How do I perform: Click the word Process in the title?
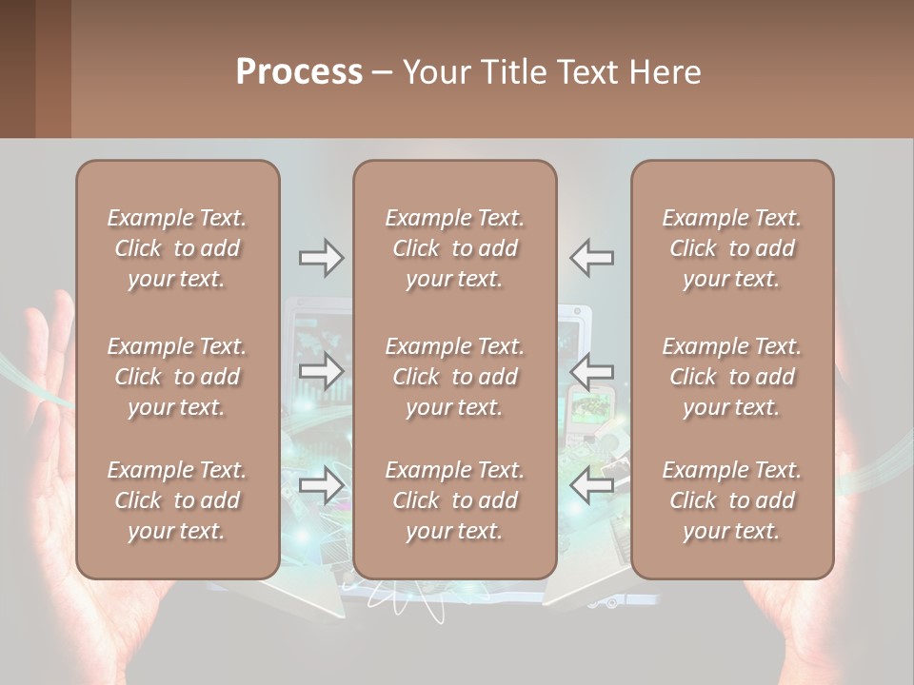click(299, 72)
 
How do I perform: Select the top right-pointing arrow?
click(321, 258)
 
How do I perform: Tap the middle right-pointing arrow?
click(321, 371)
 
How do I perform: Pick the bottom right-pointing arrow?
click(321, 485)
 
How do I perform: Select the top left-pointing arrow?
click(592, 258)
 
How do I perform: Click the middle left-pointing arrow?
click(592, 371)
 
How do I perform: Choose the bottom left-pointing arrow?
click(592, 485)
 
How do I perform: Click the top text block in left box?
click(177, 248)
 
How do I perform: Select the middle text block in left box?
click(177, 377)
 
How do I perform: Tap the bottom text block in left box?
click(177, 500)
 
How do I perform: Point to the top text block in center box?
click(455, 248)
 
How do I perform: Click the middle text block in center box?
click(455, 377)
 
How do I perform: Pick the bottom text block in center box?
click(455, 500)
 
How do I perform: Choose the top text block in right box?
click(732, 248)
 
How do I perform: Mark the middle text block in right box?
click(732, 377)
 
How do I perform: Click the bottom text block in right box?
click(732, 500)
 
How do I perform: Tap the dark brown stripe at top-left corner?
click(17, 68)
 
